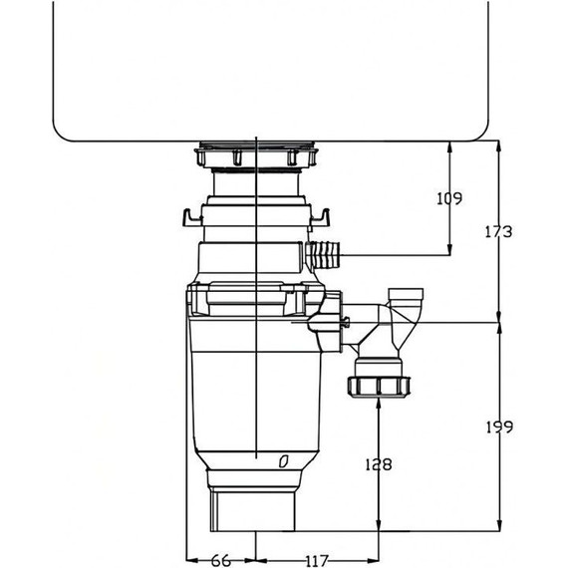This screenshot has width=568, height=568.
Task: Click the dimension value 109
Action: coord(449,198)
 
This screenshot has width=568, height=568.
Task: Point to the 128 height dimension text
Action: coord(379,463)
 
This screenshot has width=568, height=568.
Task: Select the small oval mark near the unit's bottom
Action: coord(284,460)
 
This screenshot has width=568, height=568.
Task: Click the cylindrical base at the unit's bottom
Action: coord(254,510)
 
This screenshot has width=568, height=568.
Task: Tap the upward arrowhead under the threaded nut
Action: coord(379,403)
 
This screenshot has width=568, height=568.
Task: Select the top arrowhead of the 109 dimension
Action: coord(452,146)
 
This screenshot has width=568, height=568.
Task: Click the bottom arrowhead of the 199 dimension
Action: coord(498,525)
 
